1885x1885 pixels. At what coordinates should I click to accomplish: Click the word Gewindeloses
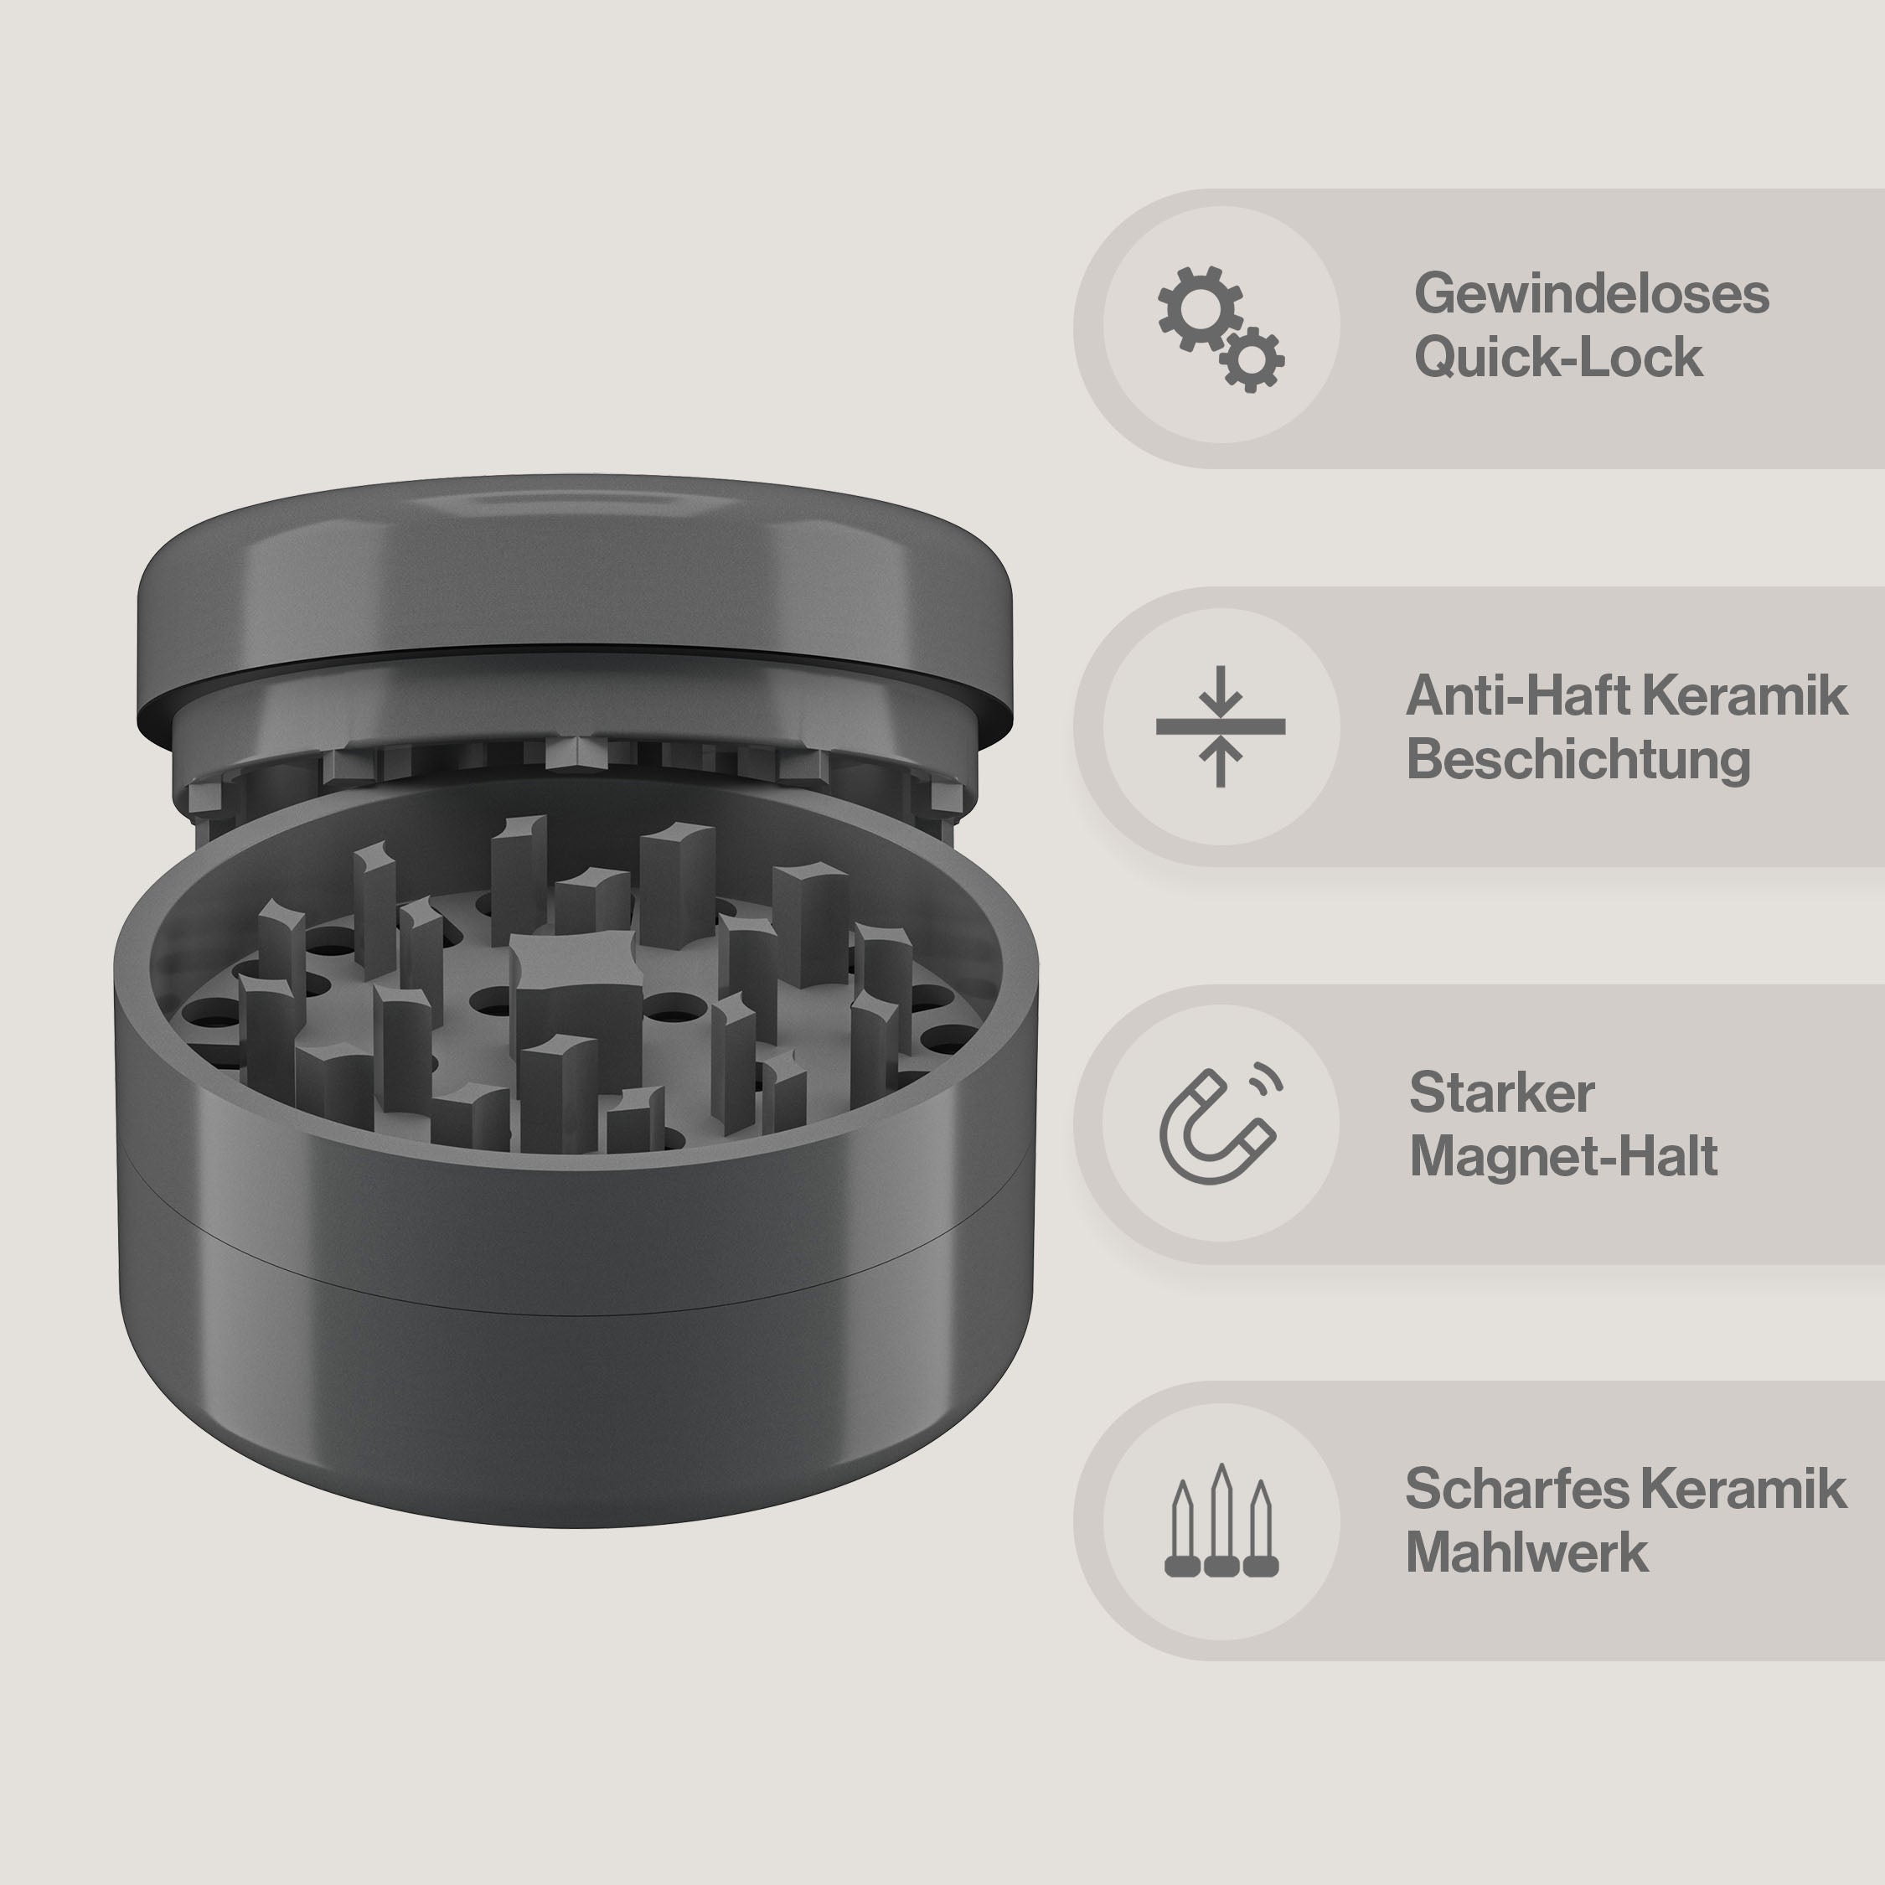(x=1591, y=294)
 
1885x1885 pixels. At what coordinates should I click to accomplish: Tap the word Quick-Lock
(x=1558, y=357)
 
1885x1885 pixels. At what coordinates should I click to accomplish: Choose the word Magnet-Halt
(x=1563, y=1156)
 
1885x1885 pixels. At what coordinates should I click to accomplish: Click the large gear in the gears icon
(x=1200, y=308)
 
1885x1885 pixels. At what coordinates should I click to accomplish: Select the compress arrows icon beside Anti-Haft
(x=1221, y=726)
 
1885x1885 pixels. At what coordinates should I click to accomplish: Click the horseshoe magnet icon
(x=1214, y=1127)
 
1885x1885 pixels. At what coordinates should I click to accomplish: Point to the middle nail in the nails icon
(x=1221, y=1519)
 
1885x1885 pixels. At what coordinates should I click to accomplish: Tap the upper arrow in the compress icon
(x=1221, y=694)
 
